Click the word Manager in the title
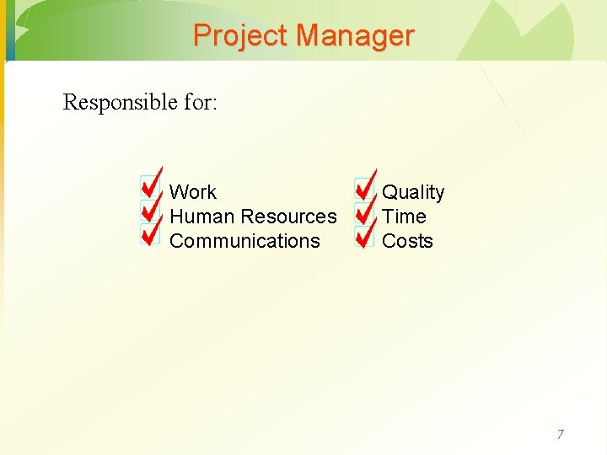[x=355, y=35]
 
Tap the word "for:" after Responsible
[x=200, y=103]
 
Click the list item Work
[x=193, y=192]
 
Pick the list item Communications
[x=244, y=241]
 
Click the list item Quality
[x=413, y=192]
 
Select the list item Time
[x=404, y=217]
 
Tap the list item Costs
[x=407, y=241]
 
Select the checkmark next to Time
[x=364, y=211]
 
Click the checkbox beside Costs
[x=364, y=235]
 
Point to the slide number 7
[x=560, y=435]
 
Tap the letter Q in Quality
[x=389, y=192]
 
